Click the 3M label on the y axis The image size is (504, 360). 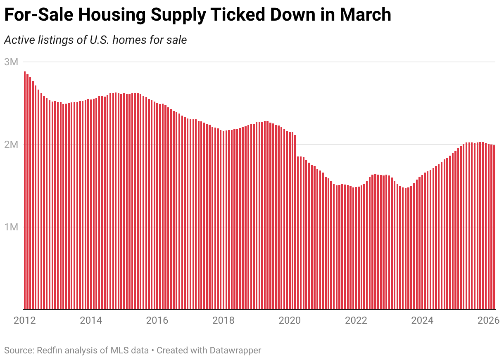tap(11, 62)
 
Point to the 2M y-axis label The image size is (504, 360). tap(11, 145)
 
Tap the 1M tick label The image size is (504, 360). tap(11, 227)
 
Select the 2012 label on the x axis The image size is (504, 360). tap(24, 320)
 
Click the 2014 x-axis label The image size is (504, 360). tap(90, 320)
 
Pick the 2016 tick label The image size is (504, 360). tap(157, 320)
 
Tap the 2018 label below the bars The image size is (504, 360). tap(223, 320)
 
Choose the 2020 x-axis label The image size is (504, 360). tap(290, 320)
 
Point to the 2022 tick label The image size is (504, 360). tap(356, 320)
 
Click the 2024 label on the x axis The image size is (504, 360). tap(423, 320)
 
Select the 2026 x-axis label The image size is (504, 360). tap(489, 320)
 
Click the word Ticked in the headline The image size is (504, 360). tap(232, 15)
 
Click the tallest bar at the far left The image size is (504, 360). tap(25, 190)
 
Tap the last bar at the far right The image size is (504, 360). tap(494, 227)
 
